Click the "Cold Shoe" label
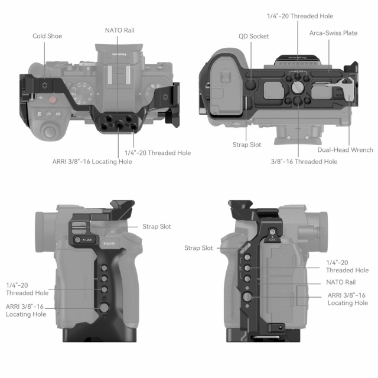point(47,36)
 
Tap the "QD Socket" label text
point(254,36)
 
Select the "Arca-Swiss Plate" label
point(333,33)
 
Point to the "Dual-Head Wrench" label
point(346,150)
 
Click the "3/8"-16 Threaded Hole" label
point(304,161)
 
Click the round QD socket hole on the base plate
point(251,84)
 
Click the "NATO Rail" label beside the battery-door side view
point(341,282)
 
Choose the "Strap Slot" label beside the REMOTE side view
point(157,226)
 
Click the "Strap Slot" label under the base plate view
point(247,144)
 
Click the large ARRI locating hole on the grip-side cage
point(104,307)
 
